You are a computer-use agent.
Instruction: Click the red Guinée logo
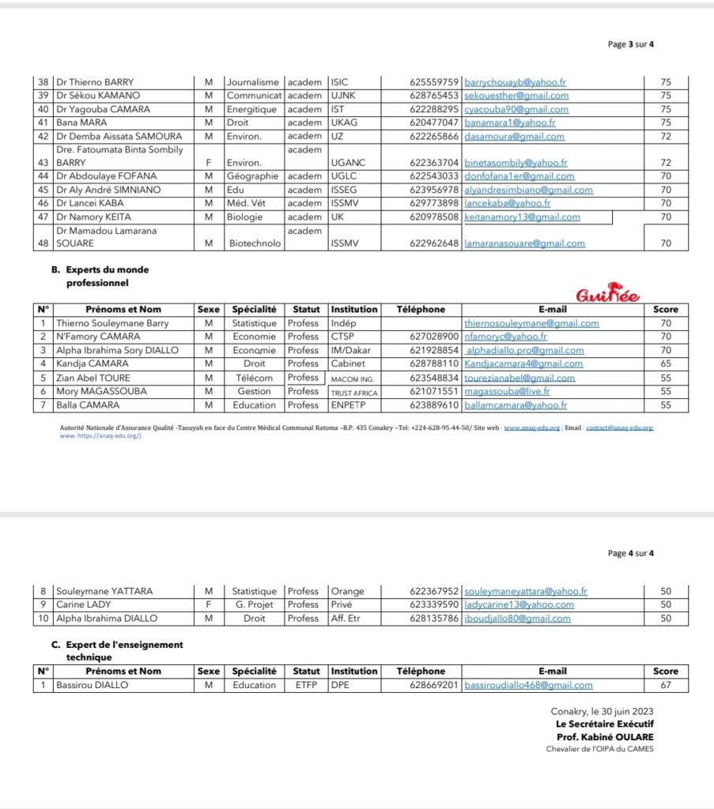[608, 296]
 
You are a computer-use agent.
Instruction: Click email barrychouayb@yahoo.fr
[516, 82]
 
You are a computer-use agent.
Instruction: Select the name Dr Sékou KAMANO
[98, 96]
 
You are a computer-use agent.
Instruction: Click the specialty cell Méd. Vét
[246, 203]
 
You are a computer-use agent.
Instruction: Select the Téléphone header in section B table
[421, 310]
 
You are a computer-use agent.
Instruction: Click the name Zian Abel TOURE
[93, 378]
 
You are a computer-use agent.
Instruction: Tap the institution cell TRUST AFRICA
[354, 393]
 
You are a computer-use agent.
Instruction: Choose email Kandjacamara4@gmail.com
[524, 364]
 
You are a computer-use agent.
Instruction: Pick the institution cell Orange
[347, 591]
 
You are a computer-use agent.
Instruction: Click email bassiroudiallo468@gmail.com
[528, 686]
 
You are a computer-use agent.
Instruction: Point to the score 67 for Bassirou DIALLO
[666, 686]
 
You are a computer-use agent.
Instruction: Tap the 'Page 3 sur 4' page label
[630, 44]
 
